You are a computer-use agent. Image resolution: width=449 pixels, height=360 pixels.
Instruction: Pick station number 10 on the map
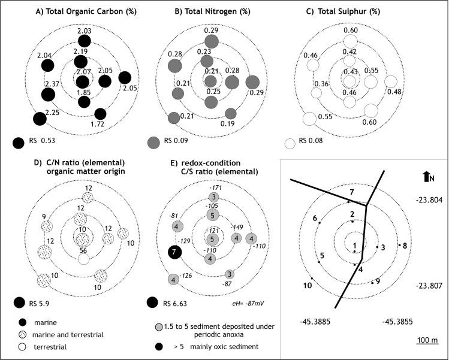tap(308, 285)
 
